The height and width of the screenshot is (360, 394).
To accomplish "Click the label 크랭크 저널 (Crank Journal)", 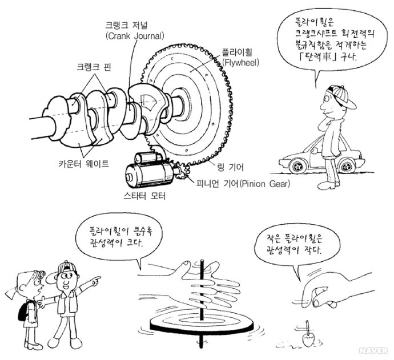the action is pos(135,31).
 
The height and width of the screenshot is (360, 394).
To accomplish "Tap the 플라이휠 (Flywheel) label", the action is pos(241,57).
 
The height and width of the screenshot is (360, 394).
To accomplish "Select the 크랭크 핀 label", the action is pos(94,67).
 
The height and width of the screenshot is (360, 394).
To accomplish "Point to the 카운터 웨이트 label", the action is pos(84,164).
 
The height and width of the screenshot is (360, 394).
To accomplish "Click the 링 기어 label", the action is pos(230,167).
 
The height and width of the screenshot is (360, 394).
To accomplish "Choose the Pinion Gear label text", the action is pos(264,184).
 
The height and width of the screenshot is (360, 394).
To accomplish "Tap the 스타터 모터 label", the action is pos(144,196).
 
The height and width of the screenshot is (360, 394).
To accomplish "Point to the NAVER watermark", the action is pos(373,350).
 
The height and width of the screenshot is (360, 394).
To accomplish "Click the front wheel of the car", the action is pos(298,166).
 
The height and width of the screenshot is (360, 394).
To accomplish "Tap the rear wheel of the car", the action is pos(348,165).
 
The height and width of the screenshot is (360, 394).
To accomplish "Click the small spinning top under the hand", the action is pos(308,336).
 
